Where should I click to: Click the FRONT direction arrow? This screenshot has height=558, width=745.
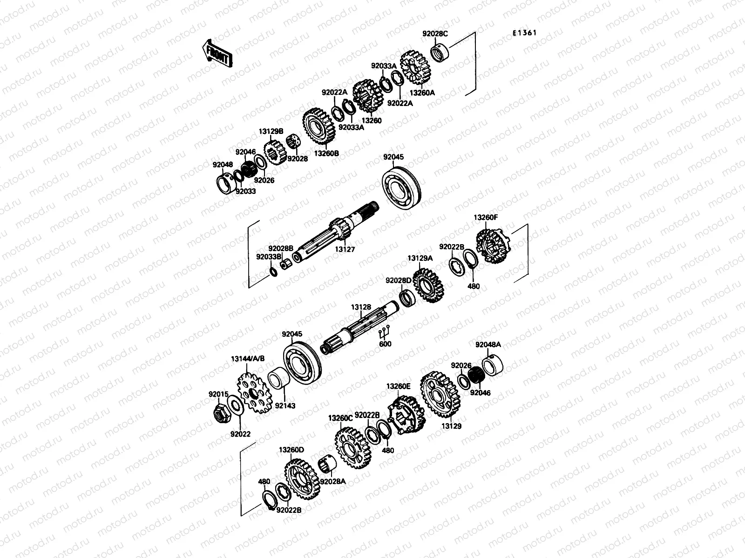click(x=217, y=53)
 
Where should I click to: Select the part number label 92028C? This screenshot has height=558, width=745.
click(x=435, y=33)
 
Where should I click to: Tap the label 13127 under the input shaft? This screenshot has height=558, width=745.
click(x=345, y=250)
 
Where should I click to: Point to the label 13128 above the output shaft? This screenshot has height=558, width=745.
click(x=361, y=307)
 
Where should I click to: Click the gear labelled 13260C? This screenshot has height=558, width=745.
click(x=352, y=448)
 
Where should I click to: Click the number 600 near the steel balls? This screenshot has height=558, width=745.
click(x=385, y=345)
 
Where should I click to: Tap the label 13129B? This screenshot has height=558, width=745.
click(x=271, y=132)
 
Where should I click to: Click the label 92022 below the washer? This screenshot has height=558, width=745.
click(x=240, y=434)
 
